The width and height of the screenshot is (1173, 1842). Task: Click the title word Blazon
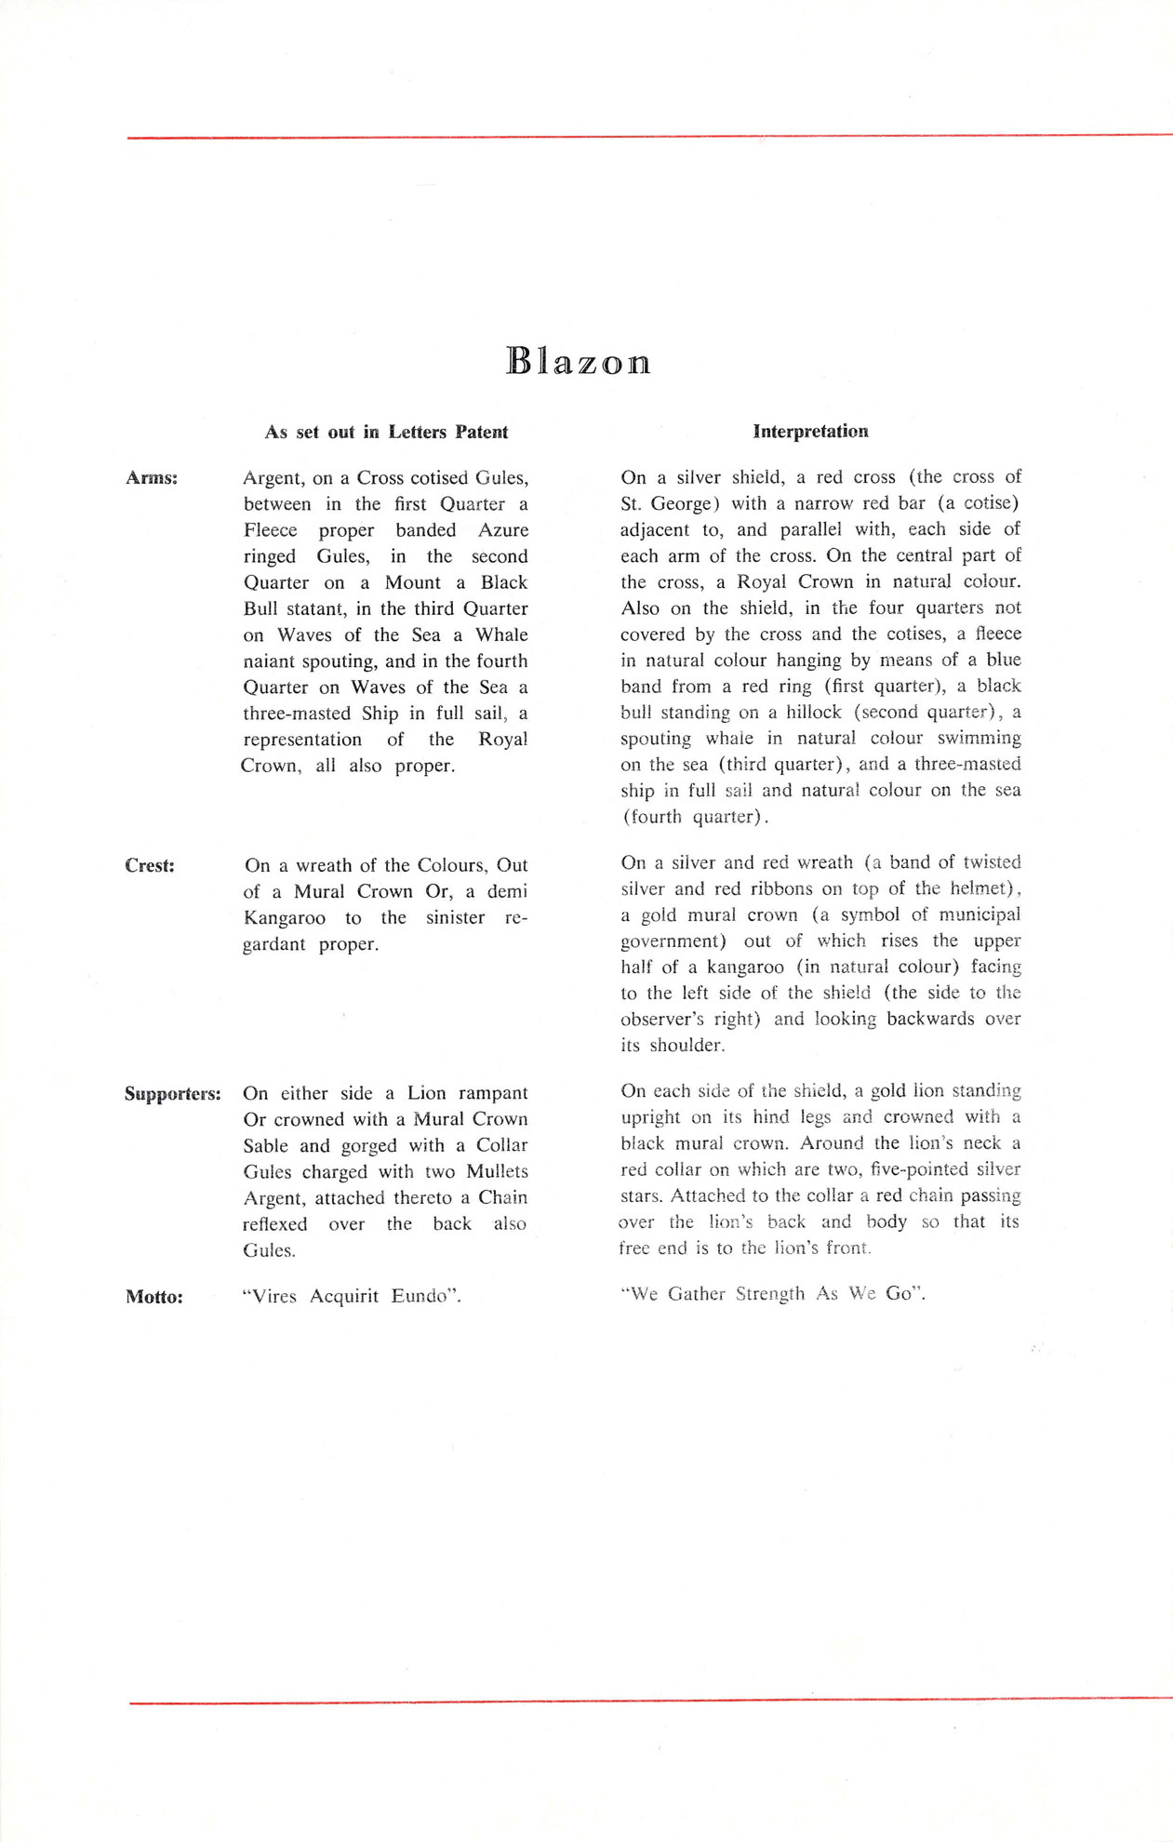click(578, 361)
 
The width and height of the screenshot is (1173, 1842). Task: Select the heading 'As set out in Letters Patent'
click(386, 432)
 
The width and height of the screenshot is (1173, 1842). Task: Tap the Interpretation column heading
click(810, 431)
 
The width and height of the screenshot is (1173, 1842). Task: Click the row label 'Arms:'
click(152, 478)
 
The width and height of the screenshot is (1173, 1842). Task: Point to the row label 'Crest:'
click(150, 865)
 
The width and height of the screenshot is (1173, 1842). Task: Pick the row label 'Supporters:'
click(173, 1093)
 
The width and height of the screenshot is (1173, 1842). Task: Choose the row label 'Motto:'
click(153, 1297)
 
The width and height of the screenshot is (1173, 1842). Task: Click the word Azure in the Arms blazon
click(503, 530)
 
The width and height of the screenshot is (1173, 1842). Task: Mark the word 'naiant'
click(270, 661)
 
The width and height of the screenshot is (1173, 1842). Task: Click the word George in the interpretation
click(683, 503)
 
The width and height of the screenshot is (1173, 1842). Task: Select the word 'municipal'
click(977, 914)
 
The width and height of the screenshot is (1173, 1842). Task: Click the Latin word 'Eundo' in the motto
click(424, 1296)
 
